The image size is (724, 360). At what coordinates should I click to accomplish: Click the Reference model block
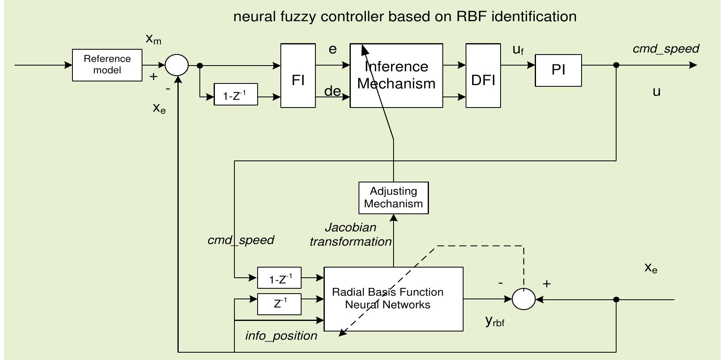(x=107, y=65)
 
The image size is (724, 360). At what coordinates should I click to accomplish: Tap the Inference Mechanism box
(x=396, y=76)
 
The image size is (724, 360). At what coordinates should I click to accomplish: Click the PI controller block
(x=558, y=70)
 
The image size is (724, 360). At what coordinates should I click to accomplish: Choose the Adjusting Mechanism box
(x=393, y=198)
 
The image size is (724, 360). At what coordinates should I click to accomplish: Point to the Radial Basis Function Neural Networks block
(x=393, y=299)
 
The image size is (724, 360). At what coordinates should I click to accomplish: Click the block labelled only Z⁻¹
(x=279, y=304)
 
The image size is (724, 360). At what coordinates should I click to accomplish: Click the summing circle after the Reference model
(x=177, y=65)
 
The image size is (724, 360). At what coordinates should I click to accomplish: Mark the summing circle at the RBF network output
(x=523, y=299)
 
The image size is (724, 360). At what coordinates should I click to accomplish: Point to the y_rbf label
(x=494, y=321)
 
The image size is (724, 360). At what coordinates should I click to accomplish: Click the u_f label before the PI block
(x=518, y=50)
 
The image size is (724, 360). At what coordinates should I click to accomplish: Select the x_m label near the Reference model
(x=153, y=40)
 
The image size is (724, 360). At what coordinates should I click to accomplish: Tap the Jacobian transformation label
(x=350, y=235)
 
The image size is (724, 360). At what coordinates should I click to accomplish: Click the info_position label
(x=281, y=336)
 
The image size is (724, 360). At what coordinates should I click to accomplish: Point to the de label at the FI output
(x=332, y=91)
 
